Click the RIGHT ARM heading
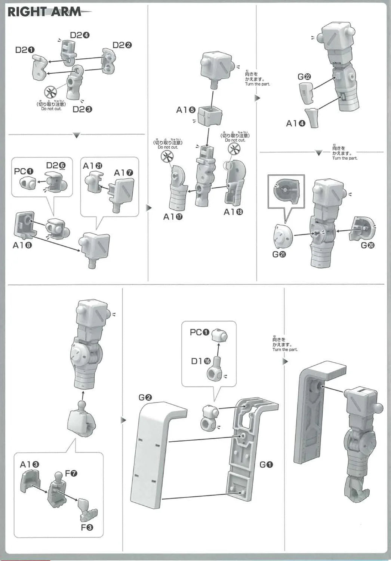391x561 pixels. [44, 12]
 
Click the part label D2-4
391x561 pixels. [79, 36]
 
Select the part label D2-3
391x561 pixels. [82, 109]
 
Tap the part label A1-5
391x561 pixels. [186, 110]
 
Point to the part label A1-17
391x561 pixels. [173, 217]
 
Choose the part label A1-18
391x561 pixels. [233, 212]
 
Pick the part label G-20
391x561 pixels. [368, 245]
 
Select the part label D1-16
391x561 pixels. [201, 361]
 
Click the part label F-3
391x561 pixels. [87, 527]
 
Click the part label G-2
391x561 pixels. [145, 397]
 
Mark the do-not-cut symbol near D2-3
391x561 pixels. [50, 92]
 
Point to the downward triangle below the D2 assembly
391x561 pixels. [76, 135]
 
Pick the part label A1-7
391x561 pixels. [123, 173]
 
